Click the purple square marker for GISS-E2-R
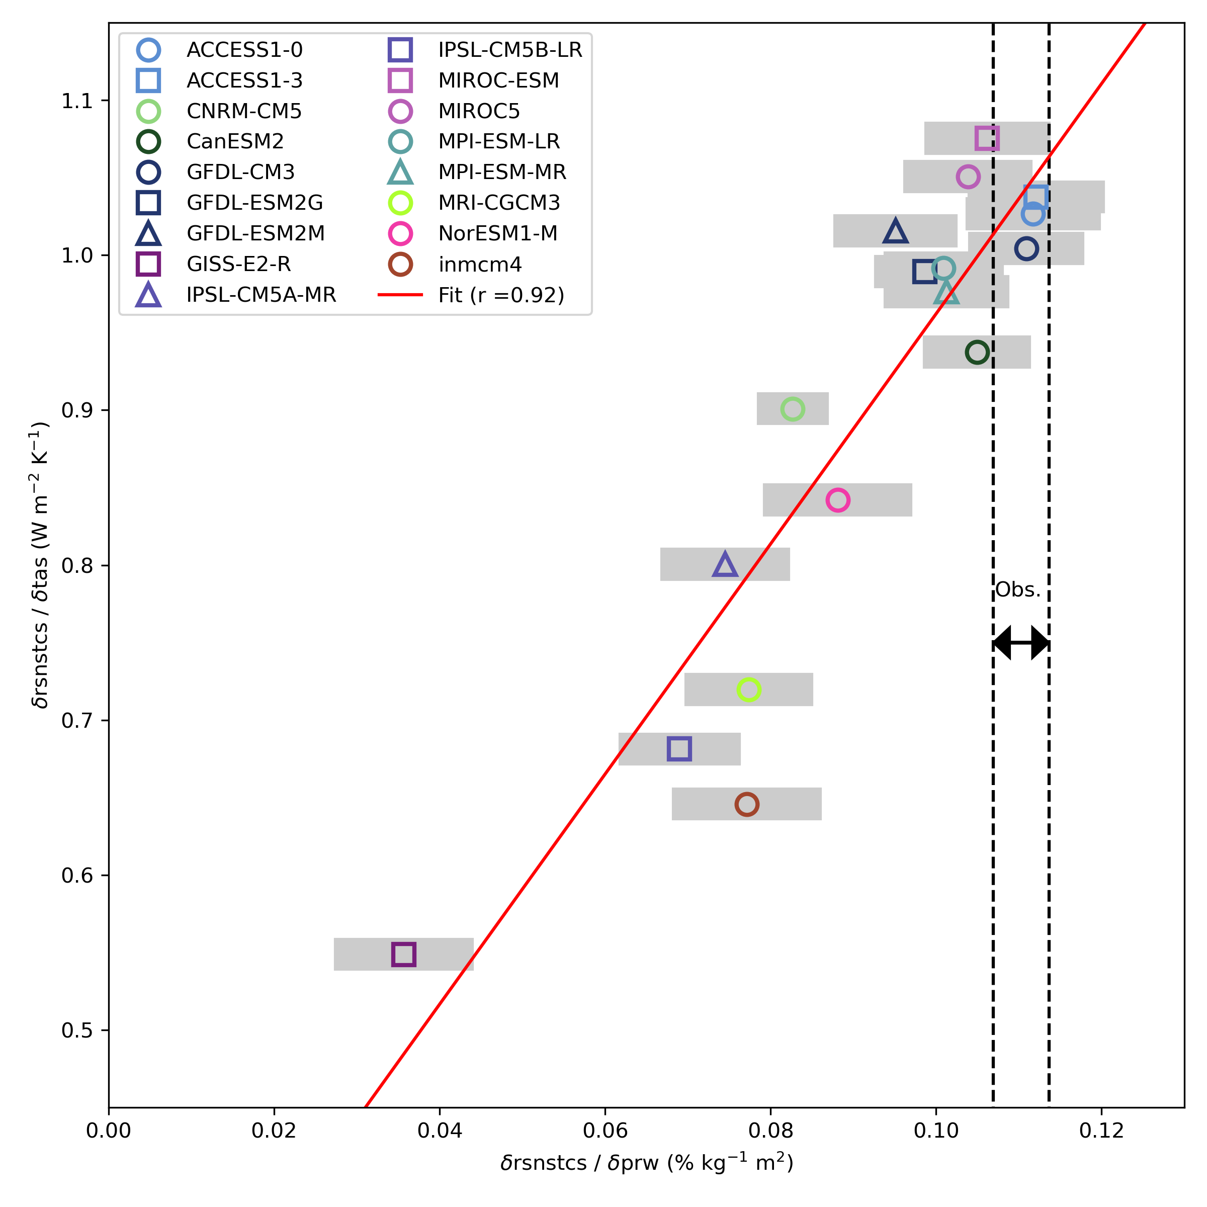click(403, 954)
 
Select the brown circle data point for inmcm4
click(746, 804)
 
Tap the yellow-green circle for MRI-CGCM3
click(748, 689)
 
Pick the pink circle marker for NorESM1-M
click(837, 500)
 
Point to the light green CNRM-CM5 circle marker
click(792, 409)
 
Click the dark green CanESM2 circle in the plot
click(977, 353)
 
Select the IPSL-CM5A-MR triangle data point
click(725, 565)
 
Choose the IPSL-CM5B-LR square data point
click(679, 748)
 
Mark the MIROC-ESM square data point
click(987, 138)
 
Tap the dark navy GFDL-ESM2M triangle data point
click(895, 232)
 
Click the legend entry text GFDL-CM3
click(240, 172)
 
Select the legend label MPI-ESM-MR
click(502, 172)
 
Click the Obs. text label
click(1018, 590)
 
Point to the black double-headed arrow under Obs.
click(1021, 642)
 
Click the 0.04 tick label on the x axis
click(439, 1130)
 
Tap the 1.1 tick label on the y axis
click(76, 101)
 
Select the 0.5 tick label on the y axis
click(76, 1030)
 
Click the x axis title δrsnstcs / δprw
click(647, 1163)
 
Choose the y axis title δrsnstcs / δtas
click(41, 565)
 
